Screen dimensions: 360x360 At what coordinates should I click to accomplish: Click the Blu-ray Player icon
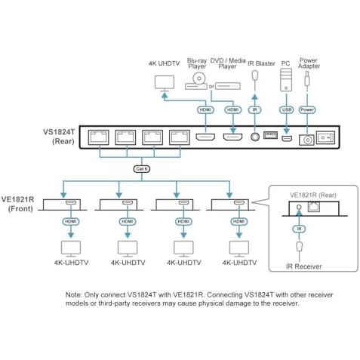[x=196, y=82]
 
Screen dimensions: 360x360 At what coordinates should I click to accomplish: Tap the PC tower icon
[x=286, y=80]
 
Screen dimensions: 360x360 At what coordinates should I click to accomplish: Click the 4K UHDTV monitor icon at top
[x=165, y=83]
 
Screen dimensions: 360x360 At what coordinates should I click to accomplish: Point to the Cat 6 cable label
[x=142, y=169]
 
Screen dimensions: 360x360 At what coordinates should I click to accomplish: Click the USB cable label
[x=287, y=109]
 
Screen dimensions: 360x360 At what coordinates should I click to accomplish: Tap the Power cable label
[x=307, y=109]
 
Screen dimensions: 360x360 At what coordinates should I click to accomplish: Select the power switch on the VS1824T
[x=325, y=137]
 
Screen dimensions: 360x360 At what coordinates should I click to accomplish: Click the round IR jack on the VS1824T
[x=255, y=137]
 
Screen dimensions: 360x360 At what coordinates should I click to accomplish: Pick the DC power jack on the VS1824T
[x=306, y=140]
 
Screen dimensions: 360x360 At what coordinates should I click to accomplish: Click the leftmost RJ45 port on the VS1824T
[x=98, y=137]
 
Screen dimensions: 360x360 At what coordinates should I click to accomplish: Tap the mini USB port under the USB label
[x=287, y=138]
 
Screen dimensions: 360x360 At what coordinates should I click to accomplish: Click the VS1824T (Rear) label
[x=60, y=137]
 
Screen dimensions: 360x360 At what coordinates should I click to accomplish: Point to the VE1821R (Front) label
[x=17, y=204]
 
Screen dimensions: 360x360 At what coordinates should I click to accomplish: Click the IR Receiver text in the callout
[x=303, y=266]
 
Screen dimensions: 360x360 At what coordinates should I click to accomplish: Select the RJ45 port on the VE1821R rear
[x=314, y=207]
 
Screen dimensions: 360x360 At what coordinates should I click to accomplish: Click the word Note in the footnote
[x=73, y=295]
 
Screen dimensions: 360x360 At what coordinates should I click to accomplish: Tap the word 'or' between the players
[x=211, y=86]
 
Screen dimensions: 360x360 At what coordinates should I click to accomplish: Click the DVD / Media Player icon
[x=228, y=86]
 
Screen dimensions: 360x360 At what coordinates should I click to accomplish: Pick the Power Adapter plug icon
[x=307, y=79]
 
